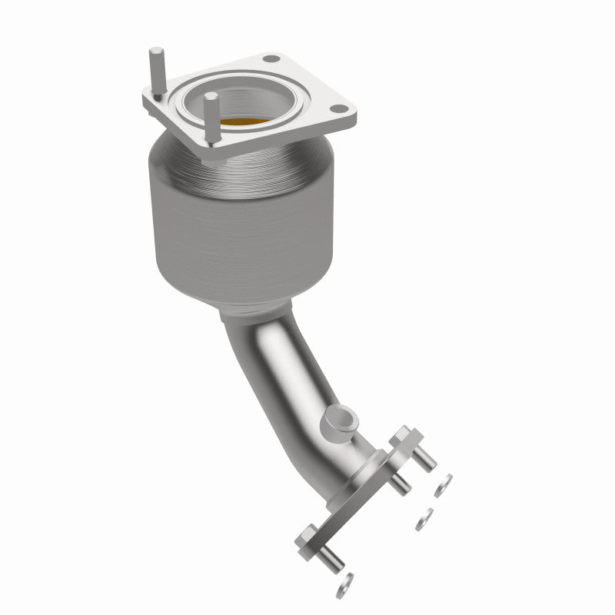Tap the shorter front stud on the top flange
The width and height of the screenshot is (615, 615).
pos(208,112)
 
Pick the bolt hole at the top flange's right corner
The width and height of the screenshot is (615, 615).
pos(336,110)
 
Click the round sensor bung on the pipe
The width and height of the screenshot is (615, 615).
pos(339,420)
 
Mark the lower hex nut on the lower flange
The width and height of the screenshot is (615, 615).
pos(307,534)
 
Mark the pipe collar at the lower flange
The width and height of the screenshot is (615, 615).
pos(361,461)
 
